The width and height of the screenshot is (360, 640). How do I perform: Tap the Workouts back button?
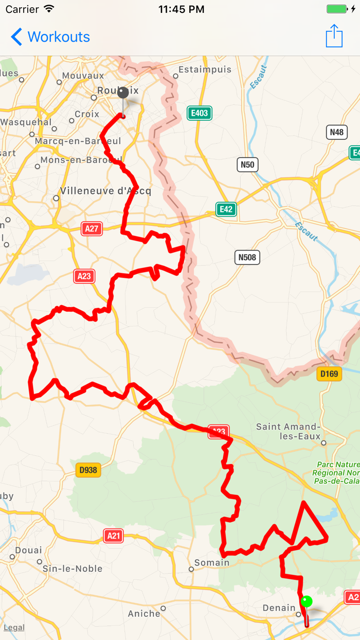tap(50, 37)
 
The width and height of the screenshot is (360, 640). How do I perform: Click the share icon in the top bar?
tap(334, 36)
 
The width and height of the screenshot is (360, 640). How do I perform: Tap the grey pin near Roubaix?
tap(123, 94)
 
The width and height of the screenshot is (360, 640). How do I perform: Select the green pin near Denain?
tap(307, 601)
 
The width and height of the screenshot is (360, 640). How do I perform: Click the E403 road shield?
tap(200, 113)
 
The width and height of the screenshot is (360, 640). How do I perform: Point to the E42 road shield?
tap(226, 209)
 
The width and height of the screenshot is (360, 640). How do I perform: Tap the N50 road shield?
tap(247, 165)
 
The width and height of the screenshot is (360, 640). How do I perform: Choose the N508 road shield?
tap(247, 257)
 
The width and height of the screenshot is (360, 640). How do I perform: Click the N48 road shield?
tap(337, 132)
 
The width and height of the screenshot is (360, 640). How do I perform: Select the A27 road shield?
tap(92, 229)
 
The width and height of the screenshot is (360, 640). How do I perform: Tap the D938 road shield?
tap(88, 470)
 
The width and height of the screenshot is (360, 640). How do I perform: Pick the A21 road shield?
tap(114, 536)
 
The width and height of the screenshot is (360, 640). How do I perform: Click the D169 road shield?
tap(329, 374)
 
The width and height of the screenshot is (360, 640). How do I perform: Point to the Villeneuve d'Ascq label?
tap(105, 191)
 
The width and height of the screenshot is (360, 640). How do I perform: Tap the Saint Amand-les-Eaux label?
tap(288, 431)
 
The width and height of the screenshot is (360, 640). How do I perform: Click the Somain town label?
tap(212, 563)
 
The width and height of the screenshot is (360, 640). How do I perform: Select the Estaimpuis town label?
tap(205, 69)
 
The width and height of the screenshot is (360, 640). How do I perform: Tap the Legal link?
tap(14, 628)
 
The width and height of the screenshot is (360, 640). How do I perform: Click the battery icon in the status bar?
tap(337, 9)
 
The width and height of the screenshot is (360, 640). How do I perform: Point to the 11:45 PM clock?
tap(181, 9)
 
